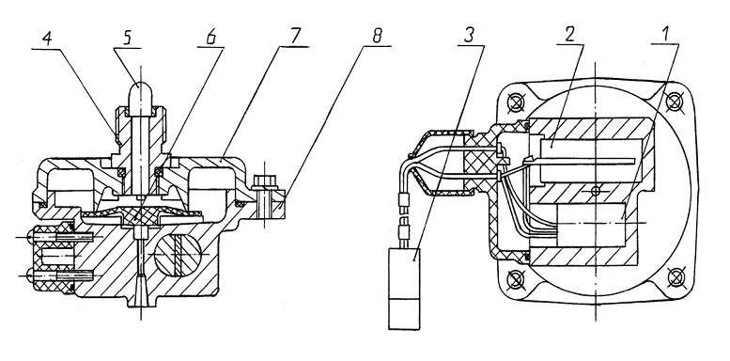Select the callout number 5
coord(126,39)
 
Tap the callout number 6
coord(210,38)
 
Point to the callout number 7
coord(295,37)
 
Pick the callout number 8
coord(377,36)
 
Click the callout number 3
coord(470,36)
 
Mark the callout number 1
coord(666,35)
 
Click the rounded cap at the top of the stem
coord(142,98)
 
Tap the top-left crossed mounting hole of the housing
coord(515,102)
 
